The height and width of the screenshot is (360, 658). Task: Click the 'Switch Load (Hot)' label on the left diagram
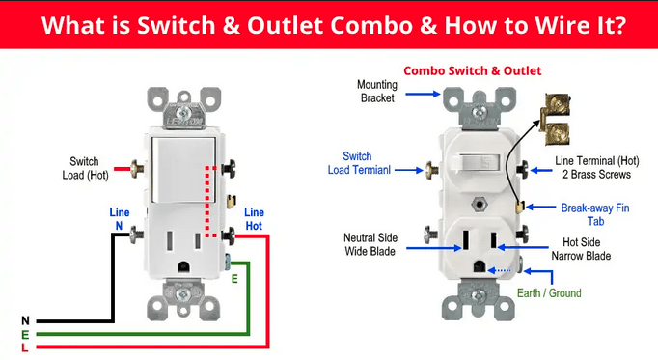click(x=85, y=168)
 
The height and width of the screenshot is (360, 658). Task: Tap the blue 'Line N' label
click(x=120, y=219)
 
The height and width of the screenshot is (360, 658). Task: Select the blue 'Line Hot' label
click(x=254, y=219)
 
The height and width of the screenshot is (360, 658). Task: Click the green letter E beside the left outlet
click(x=234, y=279)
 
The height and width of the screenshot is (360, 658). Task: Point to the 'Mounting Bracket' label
click(x=377, y=91)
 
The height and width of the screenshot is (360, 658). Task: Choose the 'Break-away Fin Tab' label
click(x=595, y=214)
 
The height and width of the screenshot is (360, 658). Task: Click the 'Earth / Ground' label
click(x=549, y=292)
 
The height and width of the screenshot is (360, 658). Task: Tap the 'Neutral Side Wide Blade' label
click(x=370, y=244)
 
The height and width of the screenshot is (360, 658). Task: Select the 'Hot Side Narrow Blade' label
click(x=581, y=249)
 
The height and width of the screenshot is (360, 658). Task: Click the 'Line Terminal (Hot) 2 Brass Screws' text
click(x=596, y=167)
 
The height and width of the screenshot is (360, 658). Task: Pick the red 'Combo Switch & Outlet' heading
click(x=473, y=70)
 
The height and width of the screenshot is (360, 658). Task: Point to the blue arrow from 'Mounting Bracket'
click(x=423, y=94)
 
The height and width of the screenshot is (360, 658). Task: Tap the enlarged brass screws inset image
click(x=555, y=119)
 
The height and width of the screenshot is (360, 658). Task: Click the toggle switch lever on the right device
click(x=478, y=162)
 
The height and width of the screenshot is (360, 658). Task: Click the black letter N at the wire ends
click(x=26, y=321)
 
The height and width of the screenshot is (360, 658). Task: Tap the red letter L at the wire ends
click(x=25, y=347)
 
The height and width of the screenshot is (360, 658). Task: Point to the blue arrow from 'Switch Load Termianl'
click(x=409, y=170)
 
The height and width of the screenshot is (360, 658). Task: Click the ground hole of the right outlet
click(x=480, y=266)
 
